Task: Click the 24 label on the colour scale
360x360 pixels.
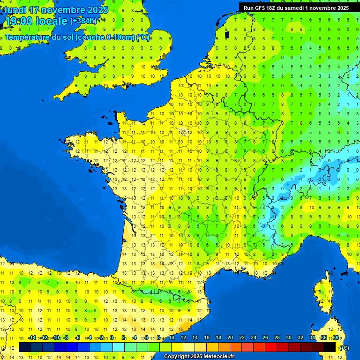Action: coord(254,337)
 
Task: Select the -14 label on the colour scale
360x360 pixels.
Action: coord(32,337)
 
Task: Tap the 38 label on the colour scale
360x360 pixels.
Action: coord(335,337)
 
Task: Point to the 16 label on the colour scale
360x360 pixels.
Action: coord(207,337)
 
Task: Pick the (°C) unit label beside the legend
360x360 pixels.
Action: coord(345,347)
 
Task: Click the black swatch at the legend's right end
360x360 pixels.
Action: coord(330,347)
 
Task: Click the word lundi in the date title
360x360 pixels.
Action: coord(15,10)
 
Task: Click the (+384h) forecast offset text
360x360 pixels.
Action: coord(83,21)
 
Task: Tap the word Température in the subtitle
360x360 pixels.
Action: coord(28,37)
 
